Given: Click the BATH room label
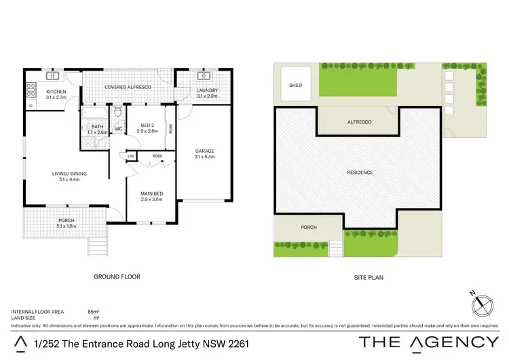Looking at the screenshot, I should pyautogui.click(x=98, y=126).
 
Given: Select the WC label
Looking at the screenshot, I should pyautogui.click(x=117, y=129).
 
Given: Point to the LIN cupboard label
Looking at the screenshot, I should pyautogui.click(x=130, y=156).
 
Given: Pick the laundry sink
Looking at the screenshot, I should pyautogui.click(x=202, y=76).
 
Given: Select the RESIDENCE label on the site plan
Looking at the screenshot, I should pyautogui.click(x=360, y=173).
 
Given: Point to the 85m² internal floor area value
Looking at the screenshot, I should pyautogui.click(x=94, y=311).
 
